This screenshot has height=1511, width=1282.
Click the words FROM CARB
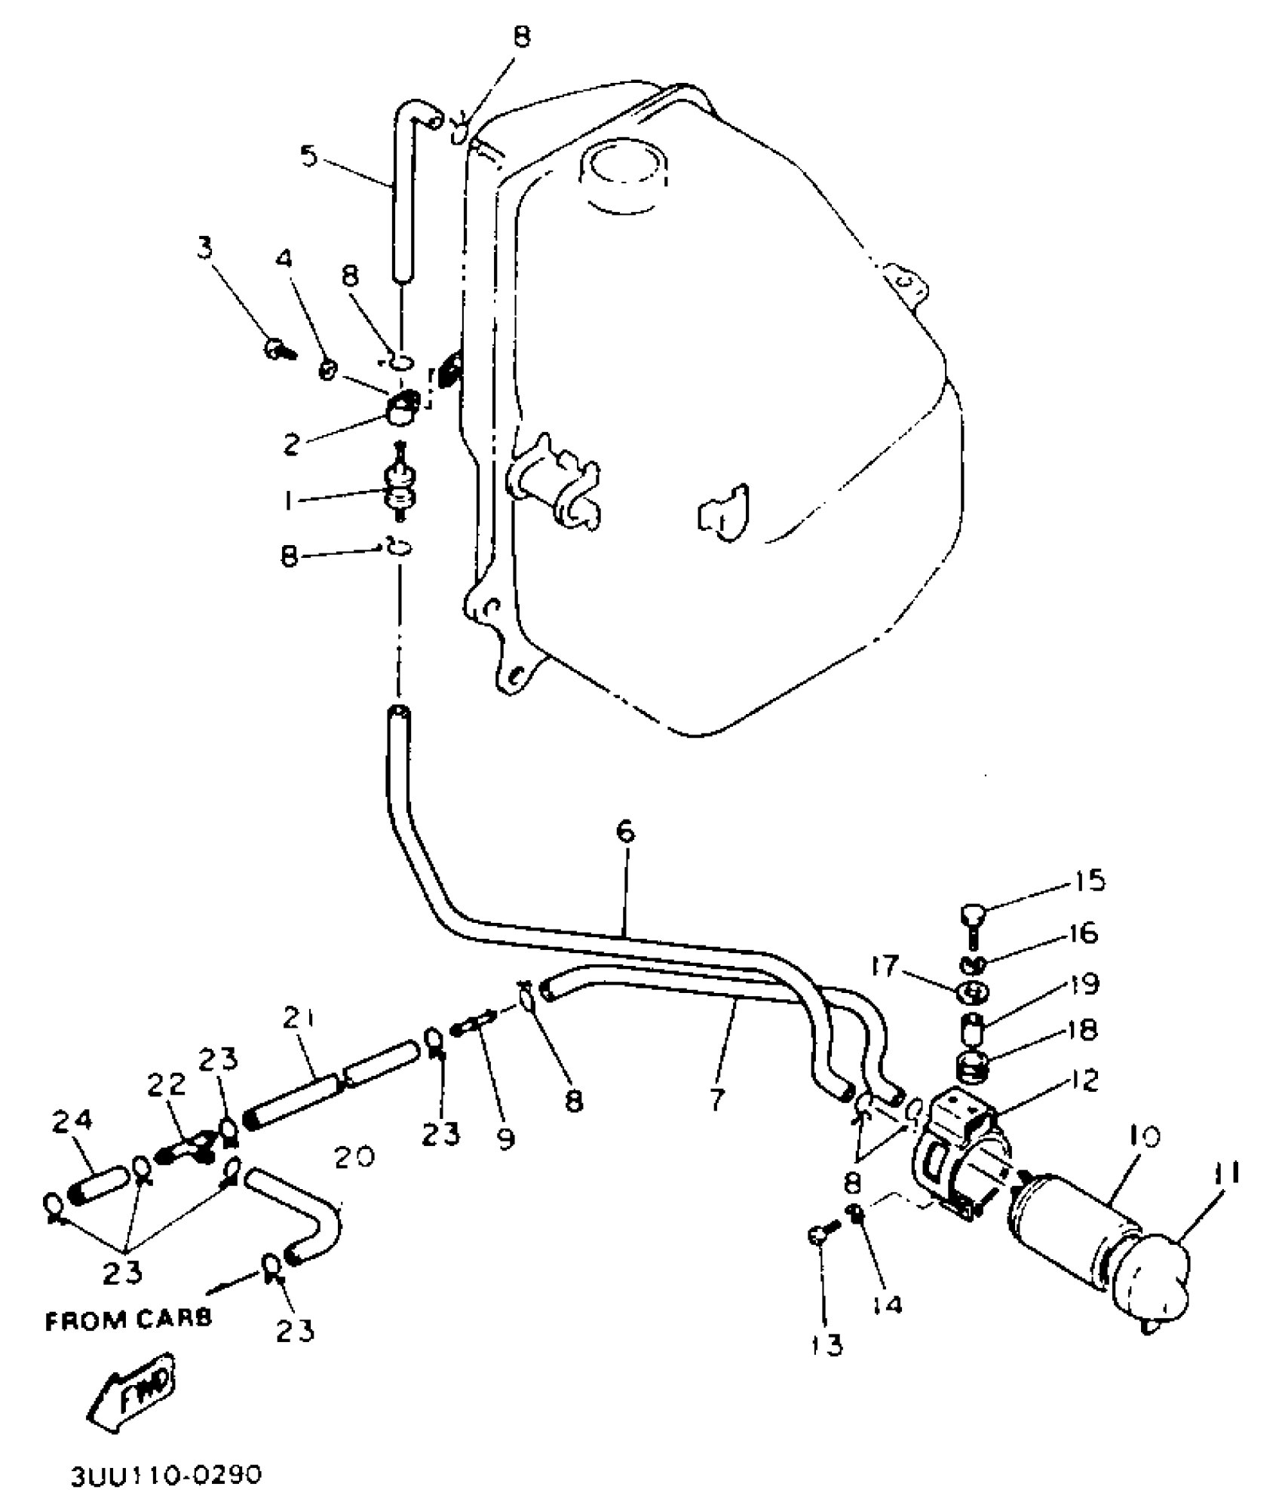click(x=128, y=1319)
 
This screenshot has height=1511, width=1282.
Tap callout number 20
click(x=354, y=1156)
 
